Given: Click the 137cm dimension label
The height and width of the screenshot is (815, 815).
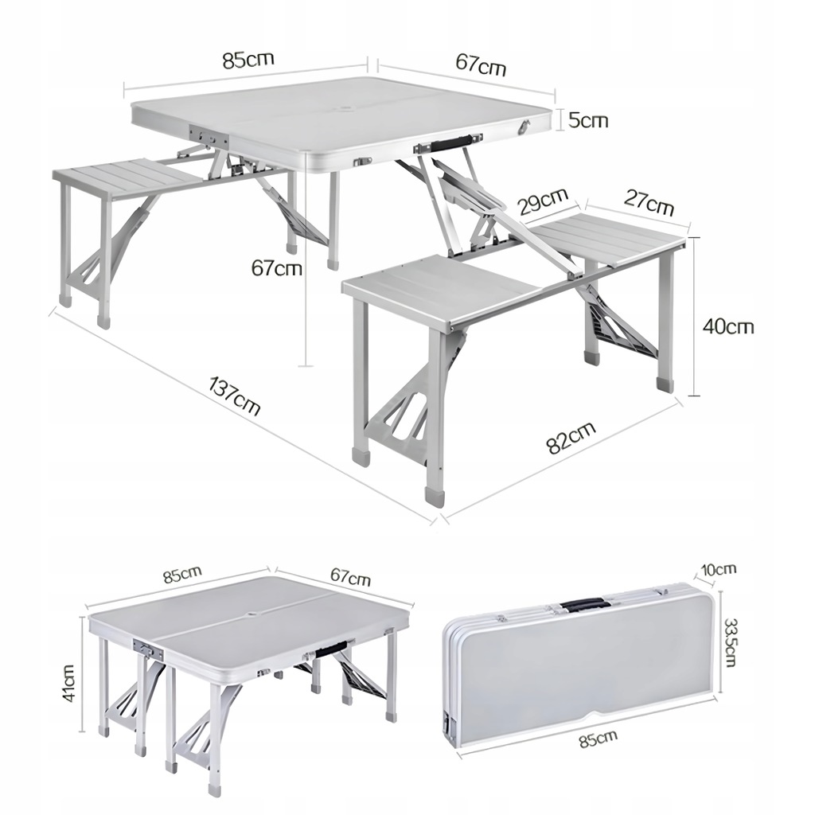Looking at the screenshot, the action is [x=234, y=396].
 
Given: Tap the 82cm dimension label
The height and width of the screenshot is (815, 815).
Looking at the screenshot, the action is [x=571, y=438].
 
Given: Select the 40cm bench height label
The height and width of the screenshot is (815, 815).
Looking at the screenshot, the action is [x=727, y=326].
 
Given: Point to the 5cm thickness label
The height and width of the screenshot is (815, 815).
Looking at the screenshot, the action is [x=588, y=121].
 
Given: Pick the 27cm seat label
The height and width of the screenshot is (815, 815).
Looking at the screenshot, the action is [x=649, y=202].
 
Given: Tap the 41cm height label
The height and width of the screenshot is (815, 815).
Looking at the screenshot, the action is [x=69, y=682].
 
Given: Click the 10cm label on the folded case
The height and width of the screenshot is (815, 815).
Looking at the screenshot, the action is [x=719, y=569].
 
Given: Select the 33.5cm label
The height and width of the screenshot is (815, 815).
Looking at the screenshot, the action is [x=730, y=642].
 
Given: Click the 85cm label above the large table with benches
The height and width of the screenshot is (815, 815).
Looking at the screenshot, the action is [x=248, y=60].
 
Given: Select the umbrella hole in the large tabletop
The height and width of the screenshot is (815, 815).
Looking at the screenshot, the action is [x=344, y=110].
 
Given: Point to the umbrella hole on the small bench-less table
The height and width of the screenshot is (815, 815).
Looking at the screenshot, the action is [x=253, y=615].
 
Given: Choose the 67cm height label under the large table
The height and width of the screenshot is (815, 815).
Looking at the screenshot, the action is [x=276, y=268].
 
